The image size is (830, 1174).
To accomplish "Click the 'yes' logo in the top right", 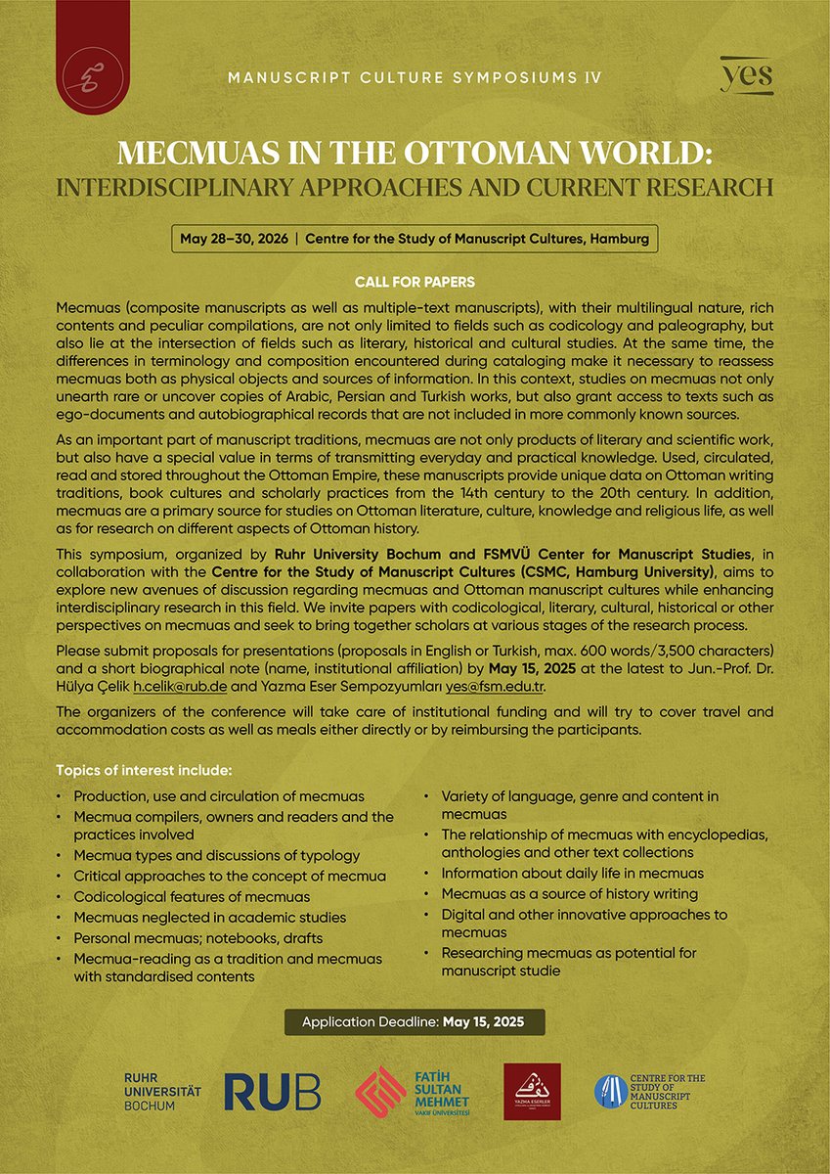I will pos(747,75).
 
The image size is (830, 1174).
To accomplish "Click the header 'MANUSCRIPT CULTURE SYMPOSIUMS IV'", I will pos(415,77).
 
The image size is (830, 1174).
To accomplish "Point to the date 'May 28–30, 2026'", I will pos(236,239).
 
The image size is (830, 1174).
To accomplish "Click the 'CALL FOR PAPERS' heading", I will pos(415,283).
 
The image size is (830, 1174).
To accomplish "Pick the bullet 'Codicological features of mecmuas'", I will pos(192,896).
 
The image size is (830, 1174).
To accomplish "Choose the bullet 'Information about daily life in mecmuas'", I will pos(572,873).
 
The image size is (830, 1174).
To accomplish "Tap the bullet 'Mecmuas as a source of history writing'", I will pos(569,893).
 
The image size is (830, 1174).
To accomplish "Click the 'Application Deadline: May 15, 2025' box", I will pos(415,1022).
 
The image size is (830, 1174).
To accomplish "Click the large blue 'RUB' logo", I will pos(272,1092).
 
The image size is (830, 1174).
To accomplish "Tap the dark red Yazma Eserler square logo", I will pos(532,1092).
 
